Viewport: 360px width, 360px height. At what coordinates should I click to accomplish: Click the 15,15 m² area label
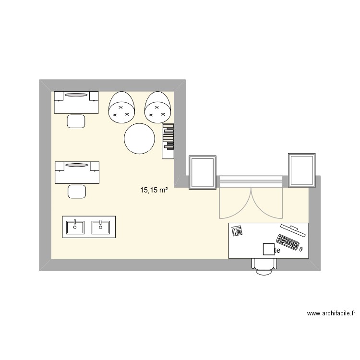pyautogui.click(x=154, y=191)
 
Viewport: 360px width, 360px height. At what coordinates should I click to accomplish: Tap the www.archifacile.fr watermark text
pyautogui.click(x=331, y=313)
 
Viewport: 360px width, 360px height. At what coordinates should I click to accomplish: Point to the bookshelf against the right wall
pyautogui.click(x=168, y=141)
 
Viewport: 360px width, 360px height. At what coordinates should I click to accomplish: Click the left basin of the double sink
pyautogui.click(x=74, y=226)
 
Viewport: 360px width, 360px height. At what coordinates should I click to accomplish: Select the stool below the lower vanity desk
pyautogui.click(x=77, y=191)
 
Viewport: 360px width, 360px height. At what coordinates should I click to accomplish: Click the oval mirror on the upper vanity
pyautogui.click(x=76, y=95)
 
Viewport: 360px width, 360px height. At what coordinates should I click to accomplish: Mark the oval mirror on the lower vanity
pyautogui.click(x=76, y=165)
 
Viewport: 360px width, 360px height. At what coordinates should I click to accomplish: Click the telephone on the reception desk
pyautogui.click(x=237, y=231)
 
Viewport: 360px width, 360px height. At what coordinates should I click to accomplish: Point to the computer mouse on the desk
pyautogui.click(x=301, y=249)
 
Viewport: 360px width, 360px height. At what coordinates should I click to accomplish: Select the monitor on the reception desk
pyautogui.click(x=292, y=230)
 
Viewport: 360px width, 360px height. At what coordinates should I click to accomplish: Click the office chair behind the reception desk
pyautogui.click(x=264, y=266)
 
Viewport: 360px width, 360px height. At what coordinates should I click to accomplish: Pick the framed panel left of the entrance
pyautogui.click(x=203, y=172)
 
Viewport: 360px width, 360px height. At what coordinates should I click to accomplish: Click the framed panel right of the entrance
pyautogui.click(x=302, y=169)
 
